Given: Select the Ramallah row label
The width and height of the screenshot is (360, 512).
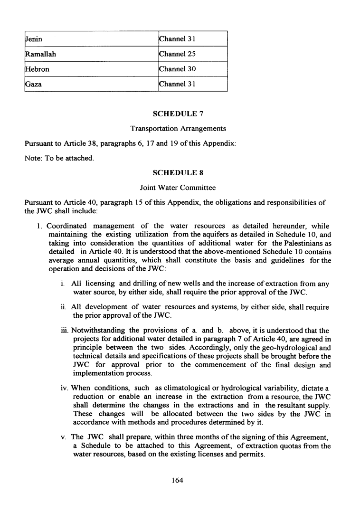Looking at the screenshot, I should [x=40, y=54].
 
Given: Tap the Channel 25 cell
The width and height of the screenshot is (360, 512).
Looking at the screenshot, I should [x=178, y=54].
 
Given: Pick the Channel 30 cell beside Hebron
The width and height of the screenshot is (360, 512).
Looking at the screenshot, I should [x=178, y=69].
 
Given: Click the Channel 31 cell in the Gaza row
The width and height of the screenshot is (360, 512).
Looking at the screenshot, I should [x=178, y=84].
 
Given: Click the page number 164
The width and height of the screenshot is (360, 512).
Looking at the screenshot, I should [x=178, y=480].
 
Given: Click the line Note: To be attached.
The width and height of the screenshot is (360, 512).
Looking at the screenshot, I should [x=59, y=158].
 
